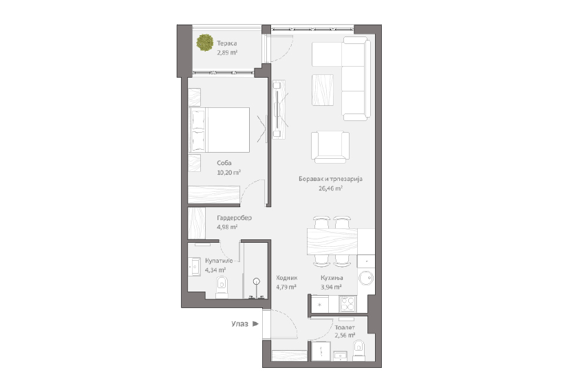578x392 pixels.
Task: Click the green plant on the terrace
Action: coord(204,43)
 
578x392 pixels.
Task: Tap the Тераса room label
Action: coord(226,43)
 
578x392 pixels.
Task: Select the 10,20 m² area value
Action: coord(229,173)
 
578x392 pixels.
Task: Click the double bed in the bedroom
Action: coord(220,130)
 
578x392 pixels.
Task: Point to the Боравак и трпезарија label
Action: coord(331,179)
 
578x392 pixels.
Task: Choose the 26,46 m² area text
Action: coord(331,188)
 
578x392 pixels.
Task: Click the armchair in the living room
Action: coord(330,147)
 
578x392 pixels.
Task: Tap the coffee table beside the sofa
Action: coord(323,90)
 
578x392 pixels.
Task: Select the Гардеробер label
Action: coord(235,218)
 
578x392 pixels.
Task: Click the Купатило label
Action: coord(219,261)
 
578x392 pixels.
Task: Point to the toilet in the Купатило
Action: coord(222,287)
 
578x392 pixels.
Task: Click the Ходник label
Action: coord(287,278)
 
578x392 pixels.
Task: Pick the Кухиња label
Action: coord(332,278)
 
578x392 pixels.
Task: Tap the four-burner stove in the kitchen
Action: coord(347,304)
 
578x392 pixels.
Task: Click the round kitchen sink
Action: coord(366,278)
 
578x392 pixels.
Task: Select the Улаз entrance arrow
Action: coord(255,324)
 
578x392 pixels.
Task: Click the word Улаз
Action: coord(239,324)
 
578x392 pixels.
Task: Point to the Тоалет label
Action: coord(345,327)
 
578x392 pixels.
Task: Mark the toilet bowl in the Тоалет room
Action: coord(358,350)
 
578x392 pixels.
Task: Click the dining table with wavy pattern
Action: coord(332,241)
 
